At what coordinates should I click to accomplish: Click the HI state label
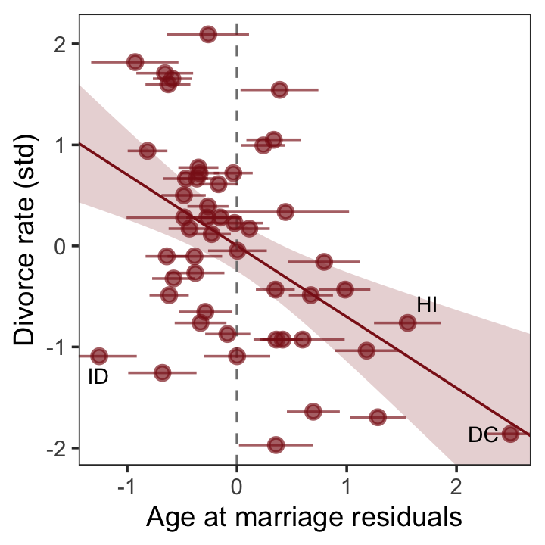click(x=428, y=305)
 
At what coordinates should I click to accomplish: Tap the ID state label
click(x=98, y=376)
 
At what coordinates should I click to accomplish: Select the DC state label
click(x=482, y=435)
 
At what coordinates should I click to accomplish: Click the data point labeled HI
click(x=408, y=322)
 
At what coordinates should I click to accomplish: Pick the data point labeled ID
click(x=98, y=356)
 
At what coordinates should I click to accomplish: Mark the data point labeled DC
click(x=510, y=434)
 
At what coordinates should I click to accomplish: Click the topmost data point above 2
click(x=208, y=34)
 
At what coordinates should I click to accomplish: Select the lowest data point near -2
click(x=276, y=444)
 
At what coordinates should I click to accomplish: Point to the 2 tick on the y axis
click(x=58, y=44)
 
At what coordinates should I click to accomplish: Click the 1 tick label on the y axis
click(x=58, y=145)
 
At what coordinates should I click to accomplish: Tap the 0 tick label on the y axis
click(x=58, y=246)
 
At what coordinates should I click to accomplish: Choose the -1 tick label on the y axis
click(x=54, y=347)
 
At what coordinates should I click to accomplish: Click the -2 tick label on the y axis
click(x=54, y=448)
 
